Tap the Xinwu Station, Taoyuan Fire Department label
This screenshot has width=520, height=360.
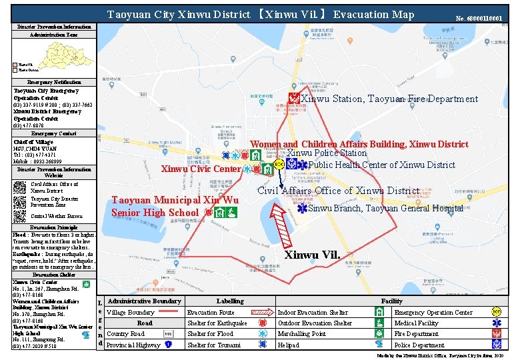(x=389, y=99)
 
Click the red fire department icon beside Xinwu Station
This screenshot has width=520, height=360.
(x=293, y=99)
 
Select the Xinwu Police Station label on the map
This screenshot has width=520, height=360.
(x=327, y=153)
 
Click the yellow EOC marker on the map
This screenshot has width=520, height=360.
(x=279, y=164)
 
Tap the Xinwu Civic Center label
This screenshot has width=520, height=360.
(x=201, y=169)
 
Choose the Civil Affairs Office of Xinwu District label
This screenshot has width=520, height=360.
(x=338, y=191)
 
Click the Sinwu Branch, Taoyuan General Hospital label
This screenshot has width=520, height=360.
(x=385, y=209)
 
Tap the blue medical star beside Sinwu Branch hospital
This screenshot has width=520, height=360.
(x=302, y=208)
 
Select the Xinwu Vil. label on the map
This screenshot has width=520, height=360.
(x=312, y=255)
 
